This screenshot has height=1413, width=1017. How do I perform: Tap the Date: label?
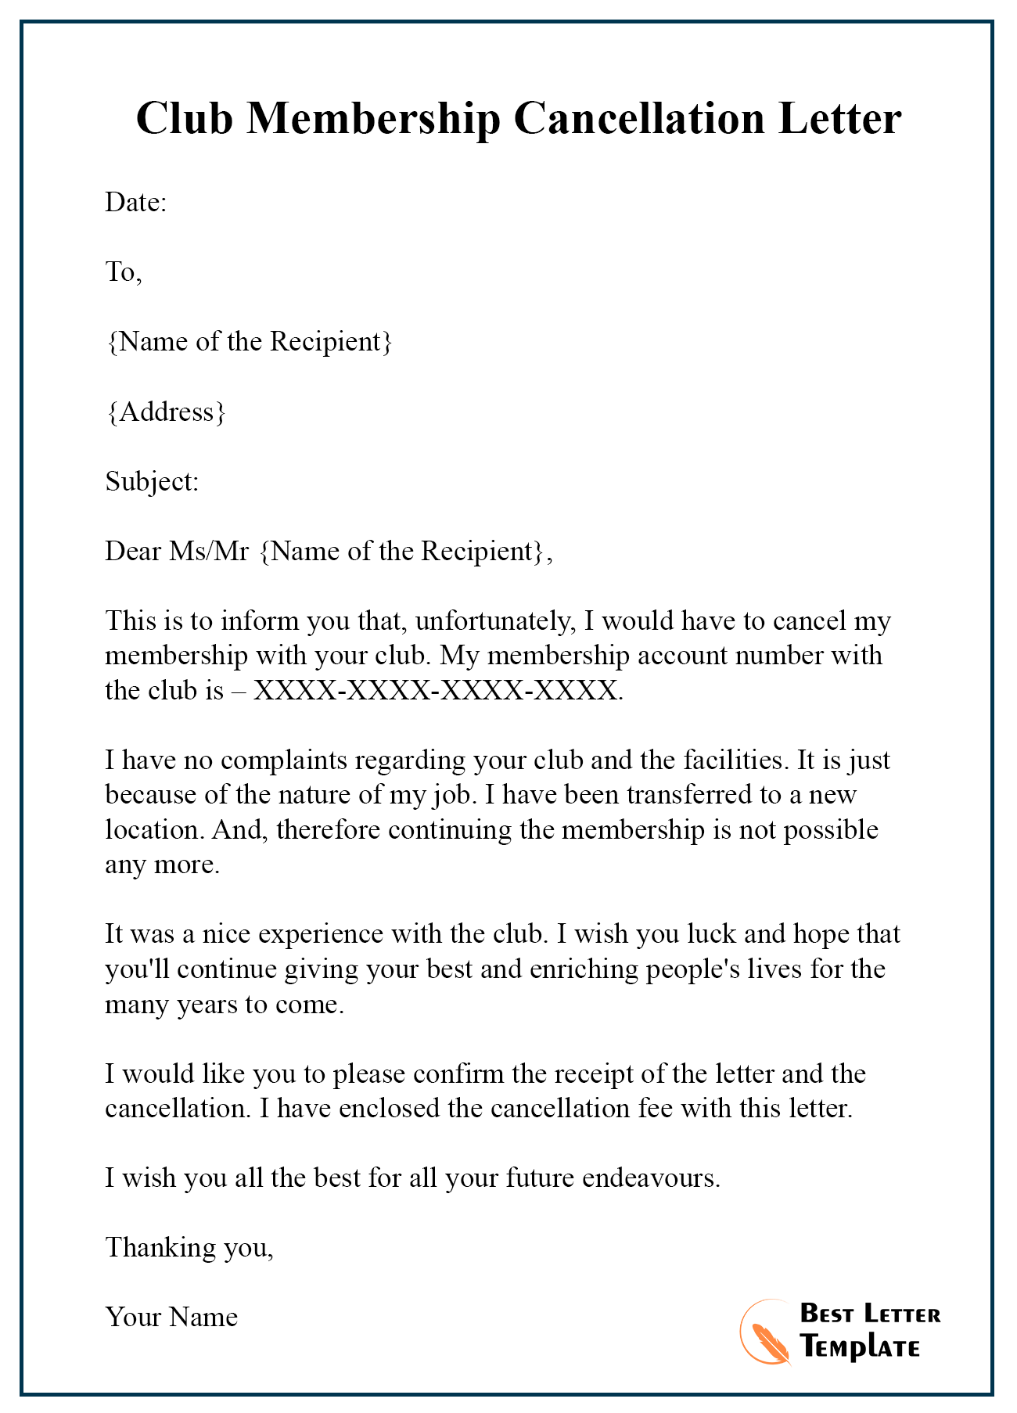(136, 203)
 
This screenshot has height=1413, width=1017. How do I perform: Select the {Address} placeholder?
(166, 412)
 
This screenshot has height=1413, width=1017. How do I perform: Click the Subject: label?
(153, 481)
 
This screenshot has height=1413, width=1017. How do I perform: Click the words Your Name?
(171, 1317)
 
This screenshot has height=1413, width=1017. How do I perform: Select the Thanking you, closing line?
(189, 1247)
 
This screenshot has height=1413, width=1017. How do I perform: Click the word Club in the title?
(185, 119)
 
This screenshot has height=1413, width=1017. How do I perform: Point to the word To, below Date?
(124, 272)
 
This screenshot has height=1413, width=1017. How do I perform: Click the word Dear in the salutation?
(134, 551)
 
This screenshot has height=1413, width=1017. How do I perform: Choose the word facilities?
(735, 760)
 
